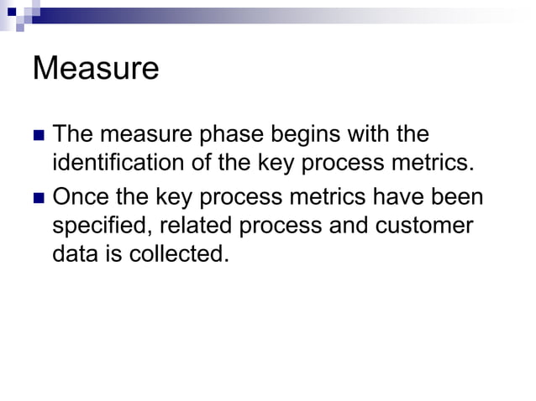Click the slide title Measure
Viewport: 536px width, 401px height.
point(95,68)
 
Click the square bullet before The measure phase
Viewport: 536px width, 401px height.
point(38,135)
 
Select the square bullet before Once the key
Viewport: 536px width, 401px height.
point(38,199)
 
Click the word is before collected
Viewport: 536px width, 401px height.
point(116,253)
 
